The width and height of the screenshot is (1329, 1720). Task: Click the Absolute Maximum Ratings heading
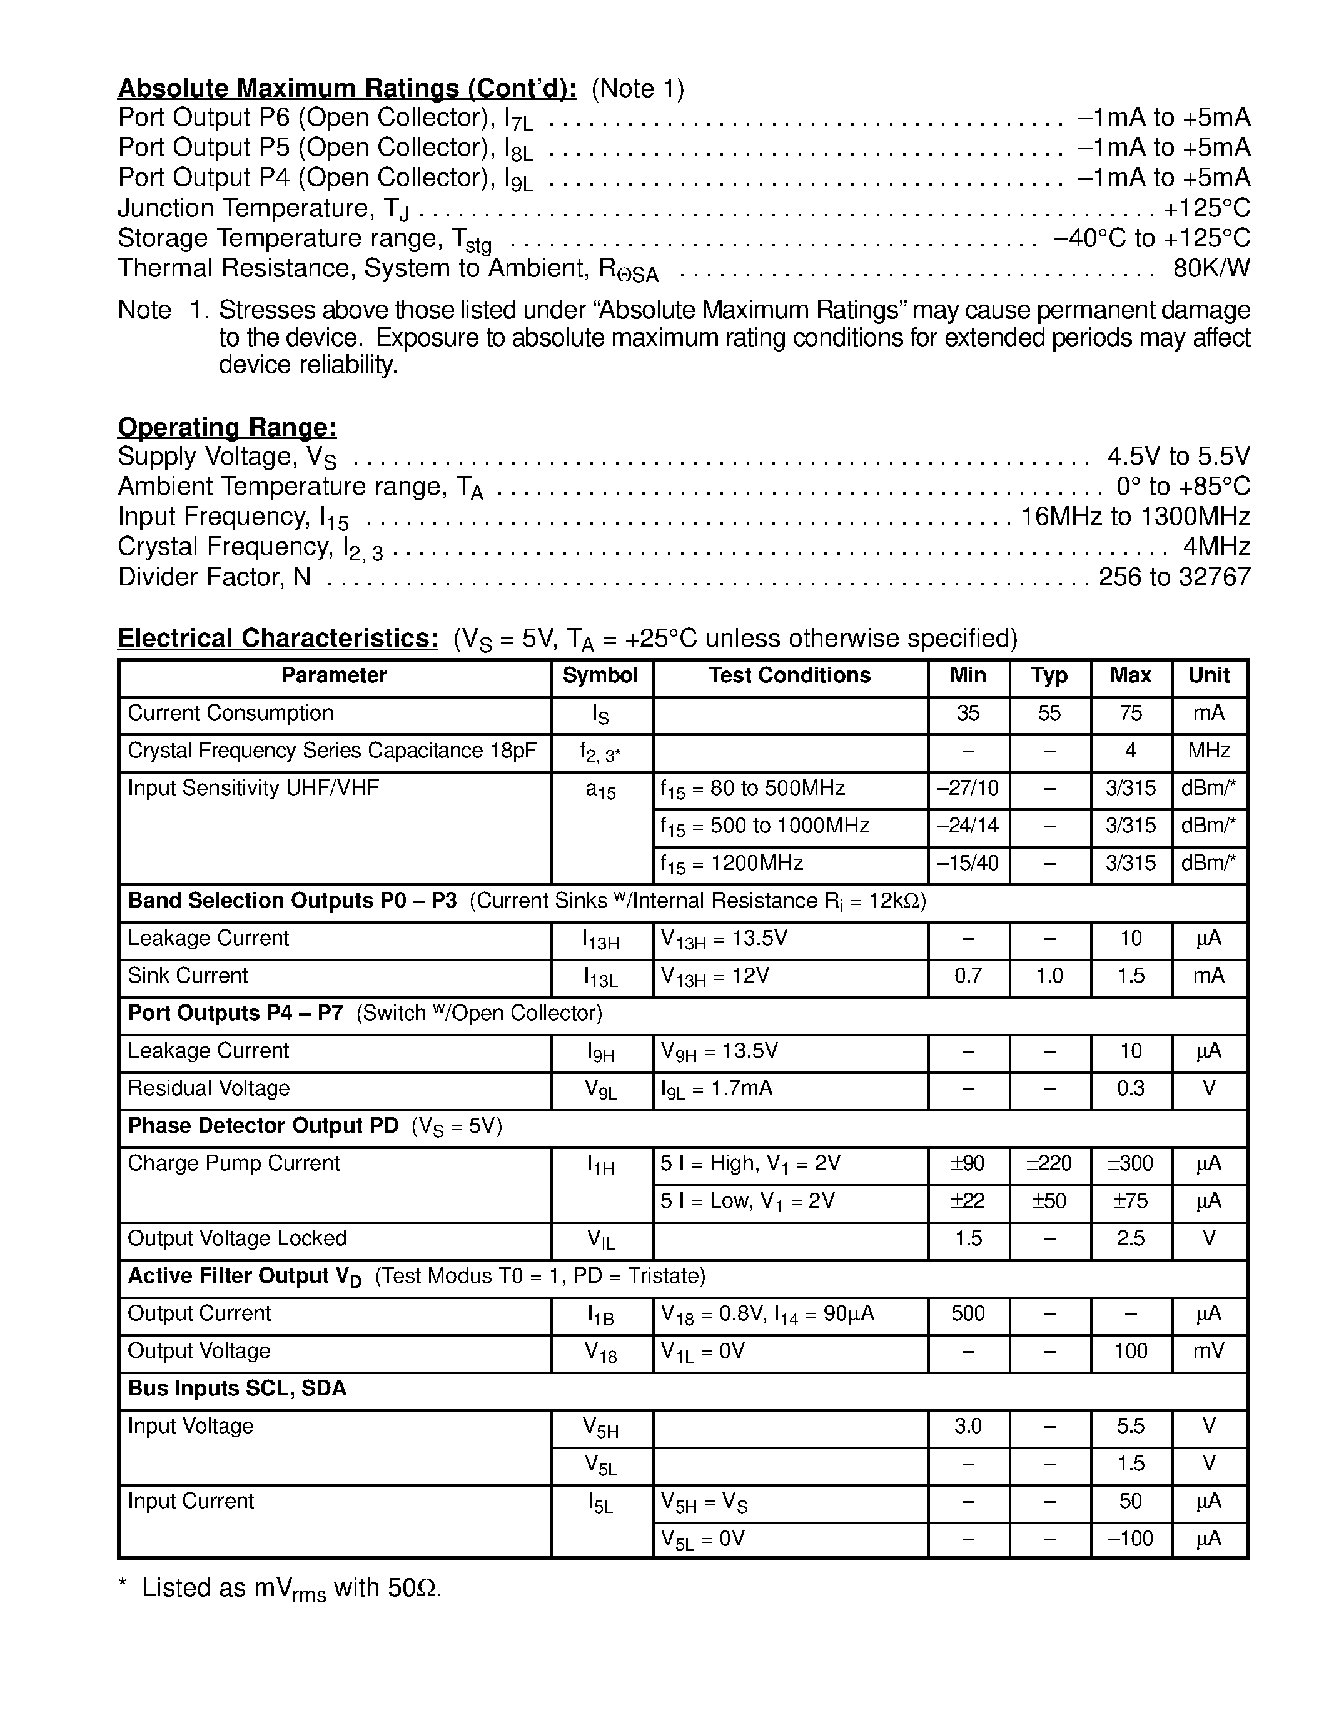346,88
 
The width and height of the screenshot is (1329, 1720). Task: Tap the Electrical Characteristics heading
278,638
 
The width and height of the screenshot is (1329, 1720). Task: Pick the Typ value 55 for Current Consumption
1049,713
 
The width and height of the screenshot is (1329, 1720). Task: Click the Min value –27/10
968,788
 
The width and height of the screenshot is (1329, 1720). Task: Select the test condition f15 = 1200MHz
732,864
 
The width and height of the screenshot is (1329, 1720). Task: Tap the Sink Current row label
188,976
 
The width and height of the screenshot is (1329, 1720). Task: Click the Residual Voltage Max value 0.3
1131,1088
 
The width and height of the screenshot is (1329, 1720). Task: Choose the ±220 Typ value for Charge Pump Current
1049,1163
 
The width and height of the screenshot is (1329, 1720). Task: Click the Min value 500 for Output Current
968,1313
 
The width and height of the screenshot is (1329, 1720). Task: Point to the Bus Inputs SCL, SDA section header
237,1388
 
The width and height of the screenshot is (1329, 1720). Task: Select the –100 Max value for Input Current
1131,1538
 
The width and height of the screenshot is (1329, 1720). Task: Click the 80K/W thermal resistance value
1211,268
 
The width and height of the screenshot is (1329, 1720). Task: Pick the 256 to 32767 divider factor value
1174,577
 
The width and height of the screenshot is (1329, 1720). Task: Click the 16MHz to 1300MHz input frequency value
1135,517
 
